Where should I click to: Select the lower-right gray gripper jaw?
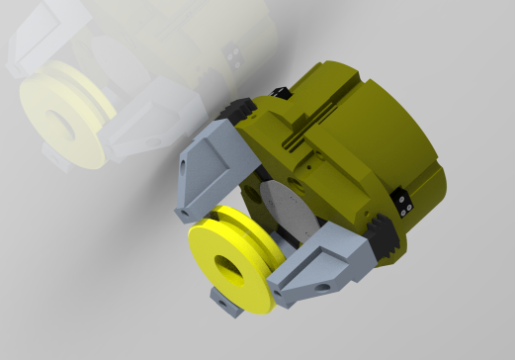(315, 266)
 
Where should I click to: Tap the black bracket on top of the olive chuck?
(281, 94)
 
